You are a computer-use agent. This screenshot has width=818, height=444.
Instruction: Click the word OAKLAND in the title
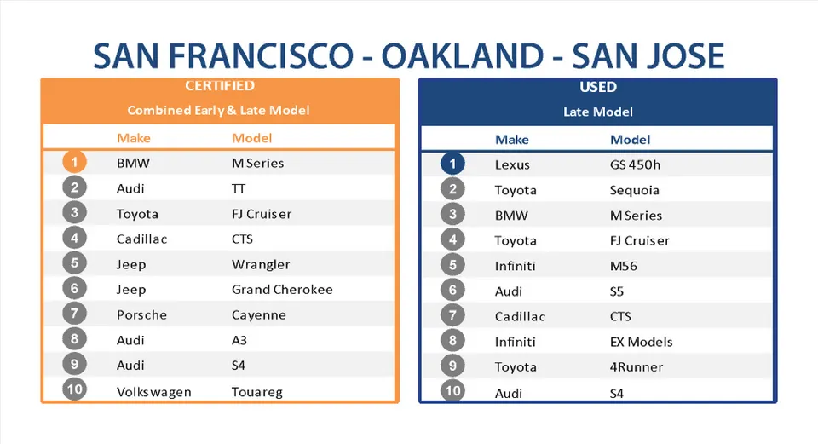click(463, 56)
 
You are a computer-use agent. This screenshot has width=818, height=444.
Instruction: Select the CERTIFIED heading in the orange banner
click(220, 85)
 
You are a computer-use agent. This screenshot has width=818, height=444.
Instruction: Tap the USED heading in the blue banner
click(598, 87)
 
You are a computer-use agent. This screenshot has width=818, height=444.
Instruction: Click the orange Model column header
click(252, 138)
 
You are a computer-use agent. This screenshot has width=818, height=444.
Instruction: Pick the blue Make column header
click(512, 140)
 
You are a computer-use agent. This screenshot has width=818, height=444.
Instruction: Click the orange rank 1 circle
click(75, 162)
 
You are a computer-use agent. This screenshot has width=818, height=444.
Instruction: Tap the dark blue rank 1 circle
click(452, 164)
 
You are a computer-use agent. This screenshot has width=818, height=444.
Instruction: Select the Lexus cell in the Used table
click(512, 164)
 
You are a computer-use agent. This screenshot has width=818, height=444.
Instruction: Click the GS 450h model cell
click(635, 164)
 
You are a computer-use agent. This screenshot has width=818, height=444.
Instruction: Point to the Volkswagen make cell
click(154, 392)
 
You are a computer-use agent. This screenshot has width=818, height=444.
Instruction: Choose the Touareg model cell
click(257, 392)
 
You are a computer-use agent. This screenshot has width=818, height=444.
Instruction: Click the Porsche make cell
click(142, 315)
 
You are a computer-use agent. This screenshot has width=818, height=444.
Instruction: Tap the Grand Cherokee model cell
click(282, 290)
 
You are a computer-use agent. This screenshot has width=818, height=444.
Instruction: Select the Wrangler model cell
click(261, 264)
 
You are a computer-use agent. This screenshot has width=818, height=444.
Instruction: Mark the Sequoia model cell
click(634, 190)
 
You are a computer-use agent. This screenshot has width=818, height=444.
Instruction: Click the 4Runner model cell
click(637, 367)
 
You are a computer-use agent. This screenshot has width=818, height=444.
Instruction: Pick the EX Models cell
click(641, 343)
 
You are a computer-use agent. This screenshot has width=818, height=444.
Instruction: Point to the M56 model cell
click(624, 266)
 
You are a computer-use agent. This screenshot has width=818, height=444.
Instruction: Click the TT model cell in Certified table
click(239, 189)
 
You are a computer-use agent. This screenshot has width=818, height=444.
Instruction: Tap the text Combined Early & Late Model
click(219, 111)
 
